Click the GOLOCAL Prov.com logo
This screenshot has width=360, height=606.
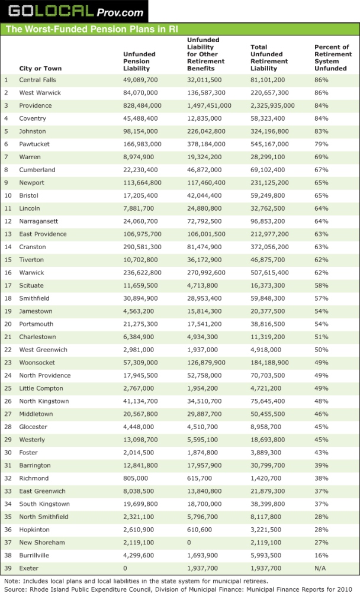(75, 11)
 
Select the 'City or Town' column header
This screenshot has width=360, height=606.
(40, 69)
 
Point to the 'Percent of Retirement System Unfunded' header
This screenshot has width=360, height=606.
(332, 58)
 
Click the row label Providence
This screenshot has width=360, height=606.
(36, 105)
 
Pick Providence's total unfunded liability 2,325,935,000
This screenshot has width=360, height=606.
(272, 105)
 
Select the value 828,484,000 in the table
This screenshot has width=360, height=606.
(142, 105)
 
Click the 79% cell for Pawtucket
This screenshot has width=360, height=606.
(322, 144)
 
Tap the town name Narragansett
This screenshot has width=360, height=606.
(38, 221)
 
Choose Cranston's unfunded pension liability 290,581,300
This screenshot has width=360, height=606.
(142, 247)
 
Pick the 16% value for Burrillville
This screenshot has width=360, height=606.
(322, 555)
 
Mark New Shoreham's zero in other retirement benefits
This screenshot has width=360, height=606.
(189, 542)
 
